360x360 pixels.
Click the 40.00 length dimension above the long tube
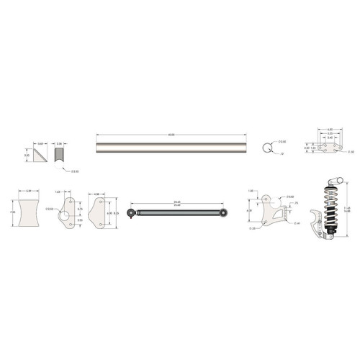[x=171, y=132]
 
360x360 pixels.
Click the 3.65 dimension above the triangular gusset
[x=41, y=143]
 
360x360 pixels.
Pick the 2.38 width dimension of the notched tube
[x=60, y=143]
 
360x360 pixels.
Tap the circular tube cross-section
[x=266, y=149]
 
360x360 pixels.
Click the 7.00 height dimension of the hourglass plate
[x=12, y=213]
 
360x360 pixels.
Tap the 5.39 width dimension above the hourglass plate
[x=29, y=191]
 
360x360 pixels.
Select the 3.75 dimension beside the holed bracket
[x=80, y=210]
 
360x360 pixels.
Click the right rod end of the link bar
[x=225, y=212]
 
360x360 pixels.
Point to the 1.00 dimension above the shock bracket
[x=251, y=191]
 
